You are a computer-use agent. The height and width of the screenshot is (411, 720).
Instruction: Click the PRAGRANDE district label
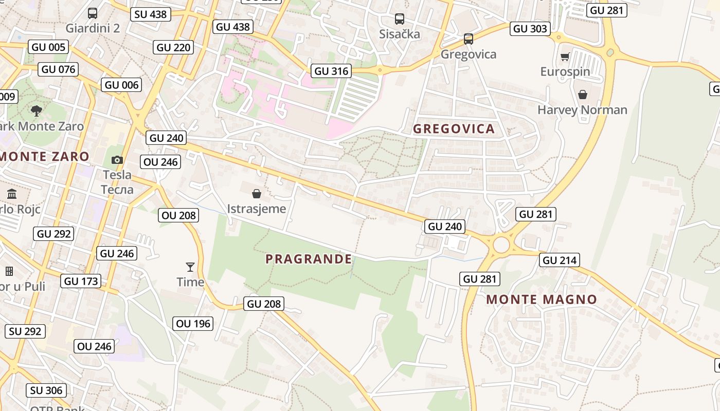click(309, 259)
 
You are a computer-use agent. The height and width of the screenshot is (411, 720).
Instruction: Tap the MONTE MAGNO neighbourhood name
click(542, 299)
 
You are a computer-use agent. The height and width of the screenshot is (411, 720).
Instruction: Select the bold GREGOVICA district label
click(454, 128)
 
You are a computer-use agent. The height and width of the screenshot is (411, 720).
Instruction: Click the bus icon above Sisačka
click(400, 19)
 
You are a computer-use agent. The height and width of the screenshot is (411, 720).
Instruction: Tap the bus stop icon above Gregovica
click(468, 39)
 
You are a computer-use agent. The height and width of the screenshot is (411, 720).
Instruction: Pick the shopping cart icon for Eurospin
click(565, 57)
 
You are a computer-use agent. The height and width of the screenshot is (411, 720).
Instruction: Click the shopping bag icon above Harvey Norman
click(583, 95)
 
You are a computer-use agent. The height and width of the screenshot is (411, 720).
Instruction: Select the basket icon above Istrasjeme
click(256, 194)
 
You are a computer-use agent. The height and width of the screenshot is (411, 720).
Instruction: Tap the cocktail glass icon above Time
click(190, 267)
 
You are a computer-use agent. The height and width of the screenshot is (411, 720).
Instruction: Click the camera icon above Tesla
click(117, 160)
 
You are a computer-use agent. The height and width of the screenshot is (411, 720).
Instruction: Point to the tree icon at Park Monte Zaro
click(37, 110)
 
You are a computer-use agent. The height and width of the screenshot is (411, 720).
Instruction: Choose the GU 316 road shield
click(332, 71)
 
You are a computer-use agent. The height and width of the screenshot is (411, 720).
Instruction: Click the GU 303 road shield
click(530, 28)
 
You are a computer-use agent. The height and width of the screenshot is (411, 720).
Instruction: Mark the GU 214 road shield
click(560, 260)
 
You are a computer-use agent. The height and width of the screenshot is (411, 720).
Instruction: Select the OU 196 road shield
click(193, 323)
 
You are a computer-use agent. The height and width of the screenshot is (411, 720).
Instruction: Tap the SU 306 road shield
click(46, 390)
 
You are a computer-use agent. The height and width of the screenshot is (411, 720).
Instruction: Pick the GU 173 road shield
click(81, 281)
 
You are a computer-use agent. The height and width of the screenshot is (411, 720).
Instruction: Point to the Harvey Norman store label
click(582, 109)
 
